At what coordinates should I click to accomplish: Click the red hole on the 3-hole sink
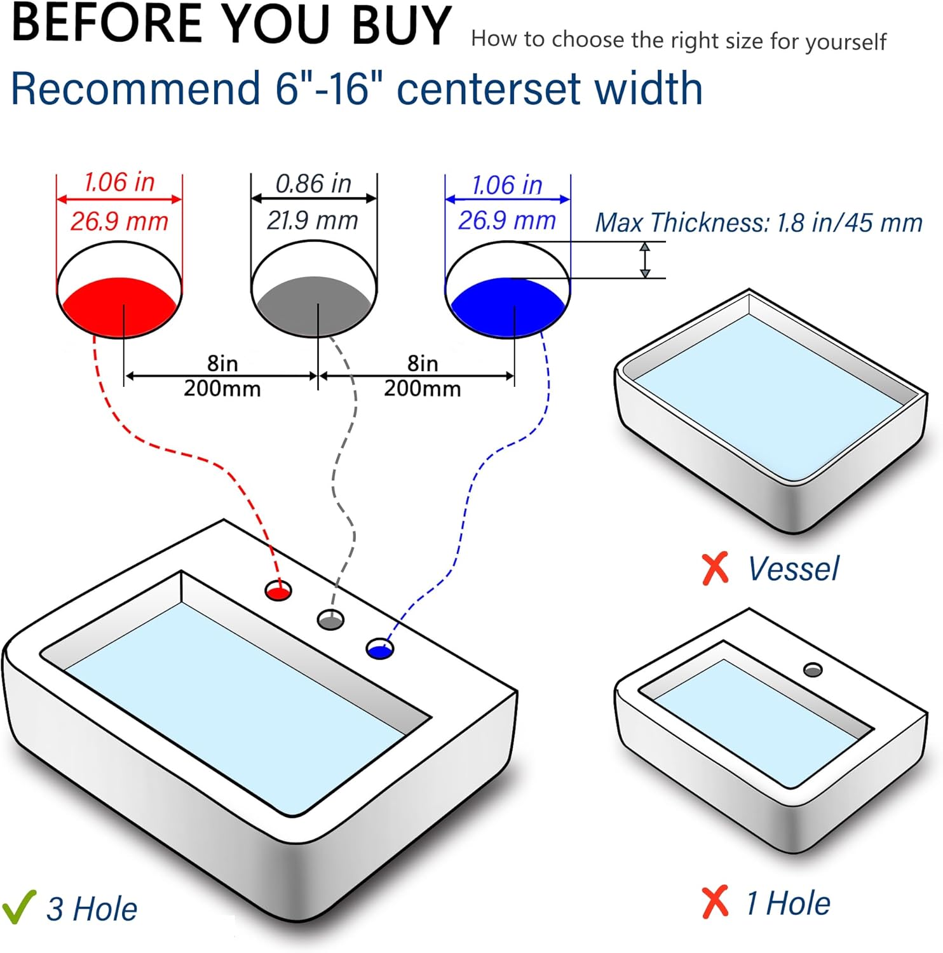coord(278,591)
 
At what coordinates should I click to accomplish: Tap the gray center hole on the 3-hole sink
coord(330,619)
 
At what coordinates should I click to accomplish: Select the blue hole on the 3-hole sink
coord(380,649)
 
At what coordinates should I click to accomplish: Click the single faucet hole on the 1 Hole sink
coord(813,670)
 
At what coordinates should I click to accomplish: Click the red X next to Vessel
coord(716,569)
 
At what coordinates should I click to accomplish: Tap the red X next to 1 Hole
coord(716,902)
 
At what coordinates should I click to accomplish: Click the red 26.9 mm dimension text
coord(119,221)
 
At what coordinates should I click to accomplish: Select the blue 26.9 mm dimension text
coord(507,220)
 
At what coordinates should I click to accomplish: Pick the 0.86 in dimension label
coord(313,184)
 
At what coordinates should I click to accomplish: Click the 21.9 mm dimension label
coord(313,220)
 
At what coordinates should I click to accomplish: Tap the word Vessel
coord(793,569)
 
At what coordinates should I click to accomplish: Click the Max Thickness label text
coord(759,222)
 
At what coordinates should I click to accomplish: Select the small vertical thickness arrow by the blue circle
coord(645,260)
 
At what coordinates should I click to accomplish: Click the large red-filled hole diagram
coord(119,289)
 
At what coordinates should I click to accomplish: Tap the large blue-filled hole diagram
coord(508,290)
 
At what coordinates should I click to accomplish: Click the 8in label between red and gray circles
coord(222,363)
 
